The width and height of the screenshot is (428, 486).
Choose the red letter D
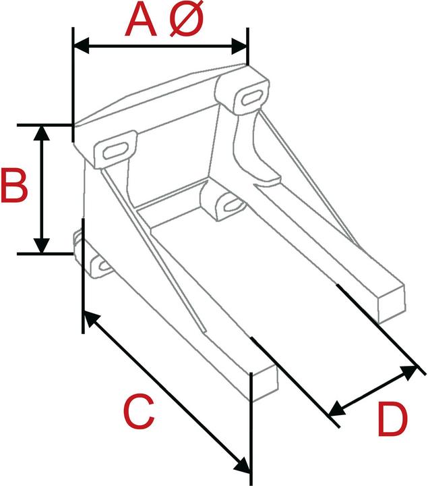[x=392, y=420]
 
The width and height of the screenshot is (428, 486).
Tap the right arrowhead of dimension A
[x=240, y=46]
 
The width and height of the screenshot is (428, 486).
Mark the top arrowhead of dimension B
[x=42, y=132]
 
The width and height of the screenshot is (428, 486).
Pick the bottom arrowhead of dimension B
[x=42, y=246]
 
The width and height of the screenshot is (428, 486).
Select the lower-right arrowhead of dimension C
[x=243, y=465]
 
